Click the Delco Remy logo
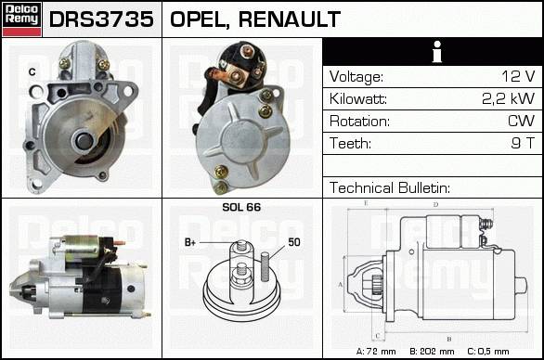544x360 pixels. point(21,19)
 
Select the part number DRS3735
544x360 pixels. point(101,19)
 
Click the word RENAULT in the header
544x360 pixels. point(290,19)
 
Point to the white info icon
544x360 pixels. point(437,52)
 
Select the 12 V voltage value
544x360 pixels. point(518,76)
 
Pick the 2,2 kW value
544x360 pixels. point(509,98)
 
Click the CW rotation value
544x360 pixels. point(521,121)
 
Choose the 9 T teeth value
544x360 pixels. point(523,143)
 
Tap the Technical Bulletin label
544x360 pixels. point(390,187)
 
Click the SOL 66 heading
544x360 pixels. point(241,207)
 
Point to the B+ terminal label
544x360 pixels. point(190,242)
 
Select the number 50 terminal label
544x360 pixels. point(294,242)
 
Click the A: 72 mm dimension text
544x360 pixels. point(376,352)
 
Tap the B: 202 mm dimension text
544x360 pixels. point(432,352)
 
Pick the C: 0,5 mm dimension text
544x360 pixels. point(488,352)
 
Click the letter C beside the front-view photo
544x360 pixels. point(32,71)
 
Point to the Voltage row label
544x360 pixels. point(356,77)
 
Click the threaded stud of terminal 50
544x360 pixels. point(266,266)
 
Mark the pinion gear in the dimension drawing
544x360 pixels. point(377,284)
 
